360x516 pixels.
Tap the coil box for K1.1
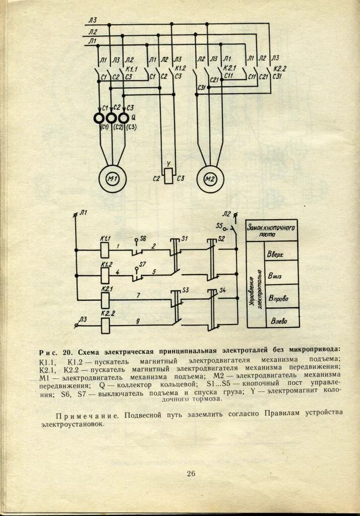[105, 249]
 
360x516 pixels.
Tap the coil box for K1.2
[105, 275]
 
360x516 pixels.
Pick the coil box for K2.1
[105, 300]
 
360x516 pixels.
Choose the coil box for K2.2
[105, 326]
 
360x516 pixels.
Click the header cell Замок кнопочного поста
[271, 231]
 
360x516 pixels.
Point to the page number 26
[191, 473]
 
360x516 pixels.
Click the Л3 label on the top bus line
[92, 21]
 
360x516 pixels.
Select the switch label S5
[219, 225]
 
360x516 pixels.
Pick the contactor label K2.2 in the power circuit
[279, 68]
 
